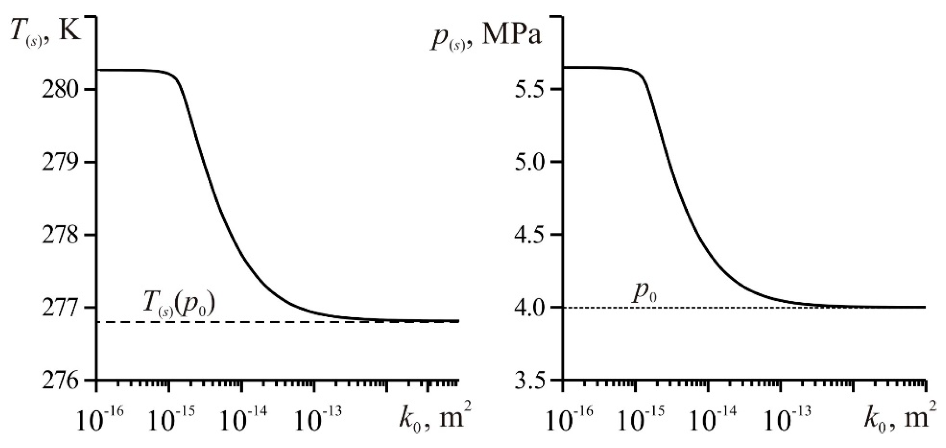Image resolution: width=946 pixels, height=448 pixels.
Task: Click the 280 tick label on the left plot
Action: click(59, 90)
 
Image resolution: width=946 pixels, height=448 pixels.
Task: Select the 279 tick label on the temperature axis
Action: click(59, 162)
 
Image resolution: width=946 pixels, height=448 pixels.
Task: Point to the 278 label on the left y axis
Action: click(59, 235)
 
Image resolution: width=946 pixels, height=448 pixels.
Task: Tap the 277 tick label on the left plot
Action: click(59, 307)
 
